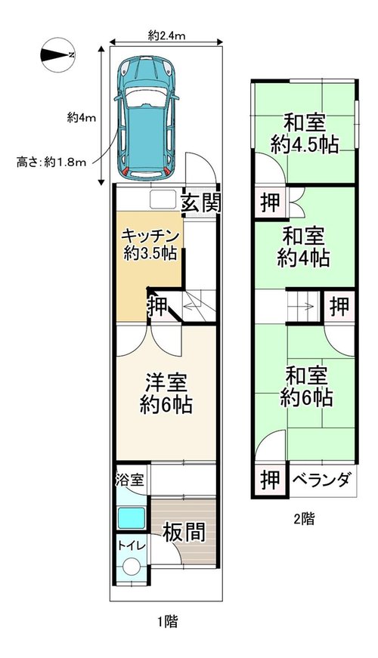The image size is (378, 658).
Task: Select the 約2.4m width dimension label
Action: coord(167,36)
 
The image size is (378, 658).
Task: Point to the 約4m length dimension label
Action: coord(82,118)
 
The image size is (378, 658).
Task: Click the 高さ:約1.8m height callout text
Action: coord(51,162)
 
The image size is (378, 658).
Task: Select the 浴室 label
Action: coord(130,480)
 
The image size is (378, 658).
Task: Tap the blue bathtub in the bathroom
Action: coord(132,517)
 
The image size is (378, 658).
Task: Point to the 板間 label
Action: coord(184,532)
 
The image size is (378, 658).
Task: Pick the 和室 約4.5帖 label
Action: coord(305,134)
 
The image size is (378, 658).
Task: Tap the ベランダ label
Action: coord(321,479)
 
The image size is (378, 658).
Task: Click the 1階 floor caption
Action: coord(167,621)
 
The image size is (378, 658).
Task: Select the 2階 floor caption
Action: coord(304,519)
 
